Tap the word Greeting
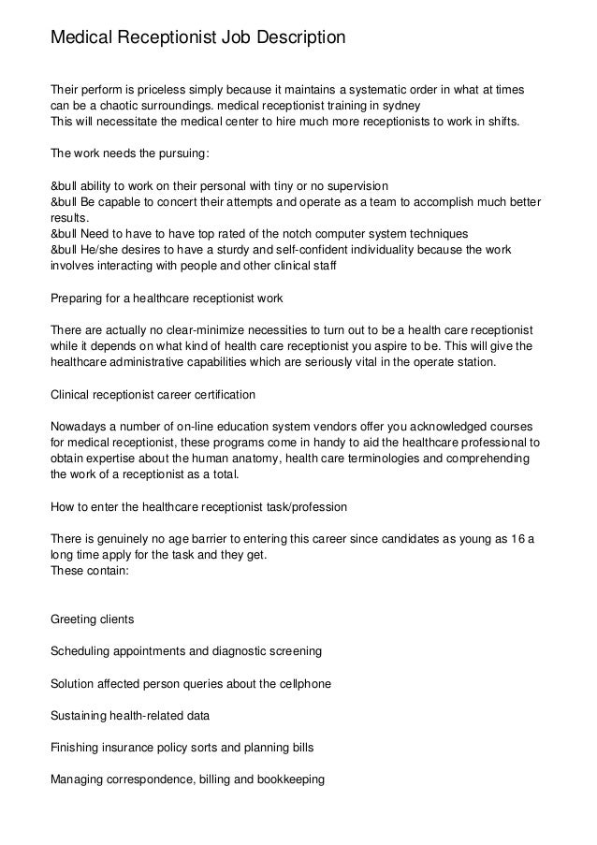pyautogui.click(x=73, y=619)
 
